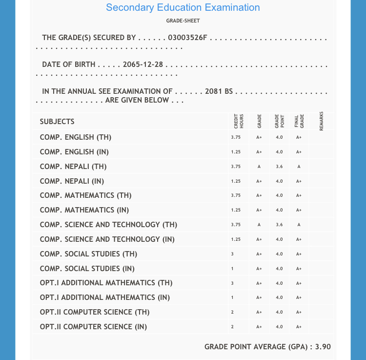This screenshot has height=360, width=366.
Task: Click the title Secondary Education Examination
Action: click(183, 7)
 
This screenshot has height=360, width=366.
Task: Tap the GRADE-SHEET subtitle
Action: click(183, 21)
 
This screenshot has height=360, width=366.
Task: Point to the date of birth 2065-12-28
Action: click(143, 64)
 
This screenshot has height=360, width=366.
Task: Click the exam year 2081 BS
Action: click(219, 91)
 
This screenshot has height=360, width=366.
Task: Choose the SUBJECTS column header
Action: click(57, 122)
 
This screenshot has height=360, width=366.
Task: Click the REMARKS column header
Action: click(321, 121)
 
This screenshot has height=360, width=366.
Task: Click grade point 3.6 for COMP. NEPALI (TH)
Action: click(279, 167)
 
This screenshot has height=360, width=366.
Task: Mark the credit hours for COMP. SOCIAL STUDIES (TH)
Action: click(232, 254)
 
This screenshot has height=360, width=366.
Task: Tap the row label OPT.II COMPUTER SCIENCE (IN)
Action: click(93, 327)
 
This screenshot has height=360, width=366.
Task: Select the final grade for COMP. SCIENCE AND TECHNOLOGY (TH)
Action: click(299, 225)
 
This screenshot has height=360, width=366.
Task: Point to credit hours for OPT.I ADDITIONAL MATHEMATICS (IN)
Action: click(232, 297)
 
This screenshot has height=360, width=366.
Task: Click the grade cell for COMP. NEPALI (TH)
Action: click(259, 167)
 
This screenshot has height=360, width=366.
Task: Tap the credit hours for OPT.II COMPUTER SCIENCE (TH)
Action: click(232, 312)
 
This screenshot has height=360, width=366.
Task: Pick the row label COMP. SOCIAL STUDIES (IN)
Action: click(87, 269)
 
